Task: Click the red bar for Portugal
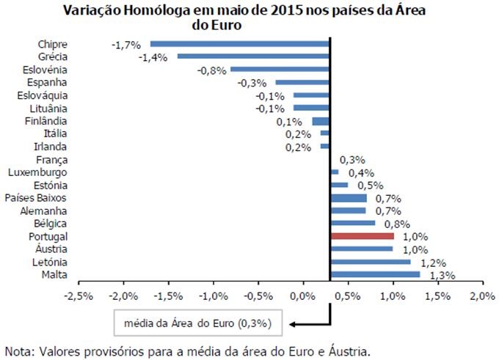coord(362,237)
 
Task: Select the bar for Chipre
coord(240,44)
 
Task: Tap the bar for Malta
coord(375,274)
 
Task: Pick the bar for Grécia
coord(253,56)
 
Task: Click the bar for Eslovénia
coord(280,69)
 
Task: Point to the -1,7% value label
coord(125,45)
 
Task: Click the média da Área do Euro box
coord(198,323)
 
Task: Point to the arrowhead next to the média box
coord(293,323)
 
